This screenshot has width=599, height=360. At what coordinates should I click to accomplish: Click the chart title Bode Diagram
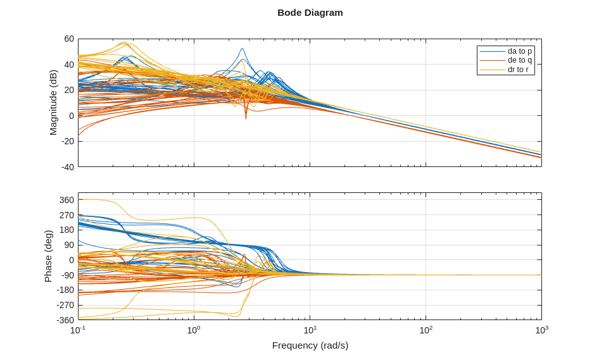310,13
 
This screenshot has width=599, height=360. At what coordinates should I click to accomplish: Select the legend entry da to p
520,51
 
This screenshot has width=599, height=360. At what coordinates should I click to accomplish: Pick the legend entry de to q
520,60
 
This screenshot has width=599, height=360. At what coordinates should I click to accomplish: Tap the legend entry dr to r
518,69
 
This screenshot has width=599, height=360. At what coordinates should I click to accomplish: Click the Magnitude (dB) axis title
53,102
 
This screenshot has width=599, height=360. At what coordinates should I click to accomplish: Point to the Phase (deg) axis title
48,256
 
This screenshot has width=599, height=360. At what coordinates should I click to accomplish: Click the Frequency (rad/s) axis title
310,345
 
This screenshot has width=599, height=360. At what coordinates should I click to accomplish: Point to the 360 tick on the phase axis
66,200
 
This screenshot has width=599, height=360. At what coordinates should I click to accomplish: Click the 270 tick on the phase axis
66,215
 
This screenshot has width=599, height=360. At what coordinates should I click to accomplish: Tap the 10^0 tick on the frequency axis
194,330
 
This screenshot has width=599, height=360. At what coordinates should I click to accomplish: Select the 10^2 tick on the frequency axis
426,330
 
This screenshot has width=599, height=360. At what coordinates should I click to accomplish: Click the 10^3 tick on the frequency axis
541,330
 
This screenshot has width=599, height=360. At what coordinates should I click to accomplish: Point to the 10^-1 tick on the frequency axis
78,330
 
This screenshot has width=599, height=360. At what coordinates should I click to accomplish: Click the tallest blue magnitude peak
242,49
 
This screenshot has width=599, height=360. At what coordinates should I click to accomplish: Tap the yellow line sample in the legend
492,70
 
